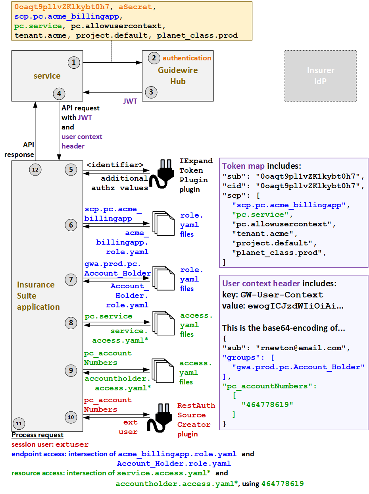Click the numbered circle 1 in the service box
pyautogui.click(x=74, y=62)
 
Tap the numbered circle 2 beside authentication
pyautogui.click(x=154, y=58)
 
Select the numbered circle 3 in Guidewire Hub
pyautogui.click(x=151, y=92)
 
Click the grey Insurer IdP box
pyautogui.click(x=320, y=75)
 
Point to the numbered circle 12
pyautogui.click(x=35, y=170)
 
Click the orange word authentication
pyautogui.click(x=187, y=58)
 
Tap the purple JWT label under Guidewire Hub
pyautogui.click(x=130, y=101)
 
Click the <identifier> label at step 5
pyautogui.click(x=115, y=165)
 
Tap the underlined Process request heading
pyautogui.click(x=37, y=435)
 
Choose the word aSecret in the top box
pyautogui.click(x=136, y=7)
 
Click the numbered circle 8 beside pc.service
pyautogui.click(x=71, y=323)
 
